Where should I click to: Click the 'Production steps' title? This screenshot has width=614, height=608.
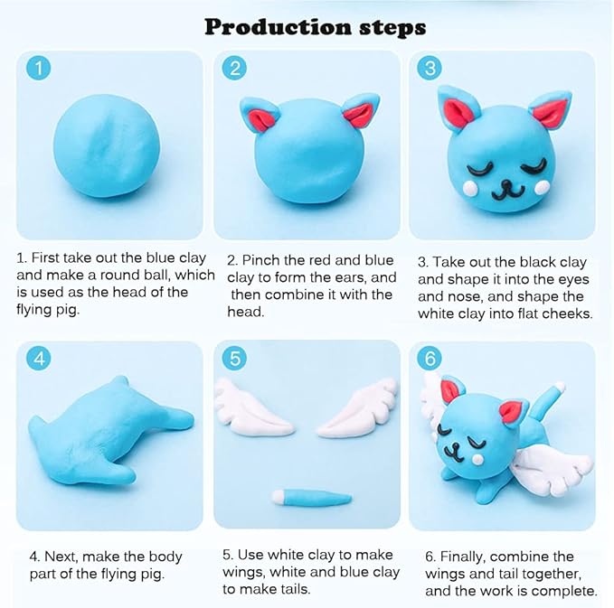pyautogui.click(x=315, y=26)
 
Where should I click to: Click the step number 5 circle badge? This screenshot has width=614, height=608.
pyautogui.click(x=233, y=359)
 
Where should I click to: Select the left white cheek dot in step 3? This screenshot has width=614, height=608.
pyautogui.click(x=468, y=187)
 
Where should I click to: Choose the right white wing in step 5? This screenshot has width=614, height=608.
pyautogui.click(x=359, y=407)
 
